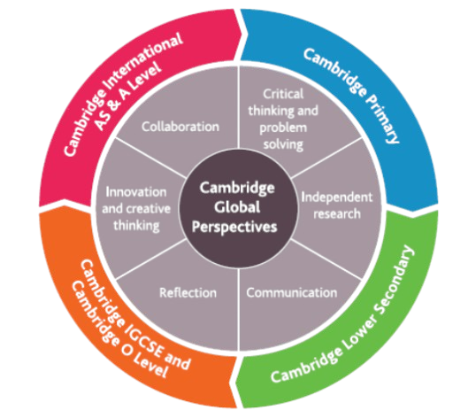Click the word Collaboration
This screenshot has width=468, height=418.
pyautogui.click(x=180, y=127)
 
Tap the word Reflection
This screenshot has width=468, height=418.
pyautogui.click(x=188, y=292)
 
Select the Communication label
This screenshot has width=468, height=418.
pyautogui.click(x=292, y=292)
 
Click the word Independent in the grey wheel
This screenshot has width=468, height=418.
pyautogui.click(x=337, y=197)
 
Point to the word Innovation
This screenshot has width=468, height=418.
pyautogui.click(x=136, y=192)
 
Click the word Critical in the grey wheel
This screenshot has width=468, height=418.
pyautogui.click(x=283, y=94)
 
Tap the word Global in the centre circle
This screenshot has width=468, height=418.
pyautogui.click(x=237, y=207)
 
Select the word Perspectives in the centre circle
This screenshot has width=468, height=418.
pyautogui.click(x=234, y=227)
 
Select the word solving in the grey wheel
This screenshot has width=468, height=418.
pyautogui.click(x=283, y=145)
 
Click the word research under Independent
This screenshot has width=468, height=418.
pyautogui.click(x=337, y=214)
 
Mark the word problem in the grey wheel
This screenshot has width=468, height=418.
pyautogui.click(x=283, y=128)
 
